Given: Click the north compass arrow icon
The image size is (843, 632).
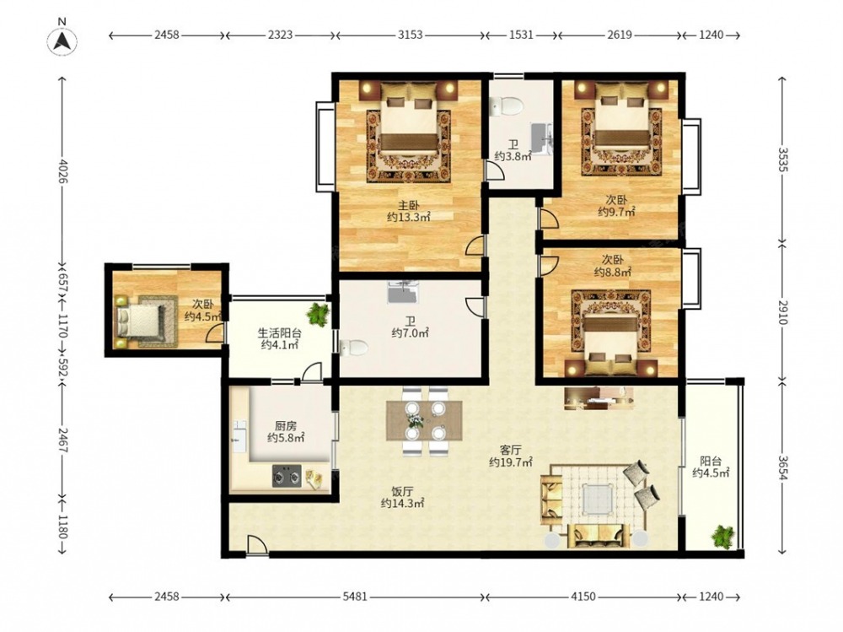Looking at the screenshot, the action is [x=62, y=40].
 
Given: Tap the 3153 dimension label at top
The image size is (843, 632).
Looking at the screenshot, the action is [x=411, y=35].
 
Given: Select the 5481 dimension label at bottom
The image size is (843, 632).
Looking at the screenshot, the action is [x=355, y=597].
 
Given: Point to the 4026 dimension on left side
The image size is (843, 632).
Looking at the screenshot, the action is [x=63, y=171].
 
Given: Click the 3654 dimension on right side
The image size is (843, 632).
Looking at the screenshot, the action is [x=782, y=467].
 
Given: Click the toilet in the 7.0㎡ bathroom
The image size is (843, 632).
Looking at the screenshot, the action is [x=354, y=348].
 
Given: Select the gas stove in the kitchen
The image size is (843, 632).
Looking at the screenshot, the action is [x=287, y=476].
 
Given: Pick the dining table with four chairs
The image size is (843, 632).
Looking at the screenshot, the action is [x=424, y=421].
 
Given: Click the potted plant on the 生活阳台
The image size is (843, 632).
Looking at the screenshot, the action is [x=319, y=314].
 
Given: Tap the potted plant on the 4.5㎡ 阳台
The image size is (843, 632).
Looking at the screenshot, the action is [x=722, y=536].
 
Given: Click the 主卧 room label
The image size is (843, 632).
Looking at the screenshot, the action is [x=408, y=205].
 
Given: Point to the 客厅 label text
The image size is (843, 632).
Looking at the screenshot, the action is [x=510, y=450].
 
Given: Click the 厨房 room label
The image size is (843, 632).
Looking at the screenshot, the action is [x=286, y=426].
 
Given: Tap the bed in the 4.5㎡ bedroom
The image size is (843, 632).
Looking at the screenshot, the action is [x=138, y=321].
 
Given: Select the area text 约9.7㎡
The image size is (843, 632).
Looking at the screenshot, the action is [x=616, y=212].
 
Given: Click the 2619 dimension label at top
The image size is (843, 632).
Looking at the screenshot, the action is [x=620, y=35].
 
